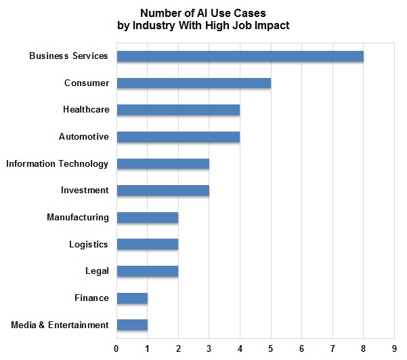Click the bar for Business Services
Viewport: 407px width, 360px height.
click(240, 56)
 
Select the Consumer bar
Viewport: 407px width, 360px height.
click(194, 83)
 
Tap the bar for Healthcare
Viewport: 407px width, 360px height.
click(178, 110)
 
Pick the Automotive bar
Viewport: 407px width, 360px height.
click(178, 137)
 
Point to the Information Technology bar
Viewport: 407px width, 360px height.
click(163, 163)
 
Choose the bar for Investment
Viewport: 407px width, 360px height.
click(163, 191)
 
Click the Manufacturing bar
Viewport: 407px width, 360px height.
click(147, 218)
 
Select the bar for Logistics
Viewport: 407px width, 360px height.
click(147, 244)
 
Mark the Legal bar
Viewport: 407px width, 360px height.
click(147, 271)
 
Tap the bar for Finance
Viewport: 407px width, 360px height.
click(132, 298)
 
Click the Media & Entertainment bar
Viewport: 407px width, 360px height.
click(132, 325)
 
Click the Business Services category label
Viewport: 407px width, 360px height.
click(68, 56)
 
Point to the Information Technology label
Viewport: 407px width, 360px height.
click(57, 163)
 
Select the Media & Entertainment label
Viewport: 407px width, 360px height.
click(60, 325)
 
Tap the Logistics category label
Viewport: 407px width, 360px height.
click(88, 244)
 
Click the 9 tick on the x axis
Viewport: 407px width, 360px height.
click(394, 348)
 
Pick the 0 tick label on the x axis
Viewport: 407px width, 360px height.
click(116, 348)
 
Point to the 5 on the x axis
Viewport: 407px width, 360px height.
click(271, 348)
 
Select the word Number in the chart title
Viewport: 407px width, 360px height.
click(159, 13)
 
